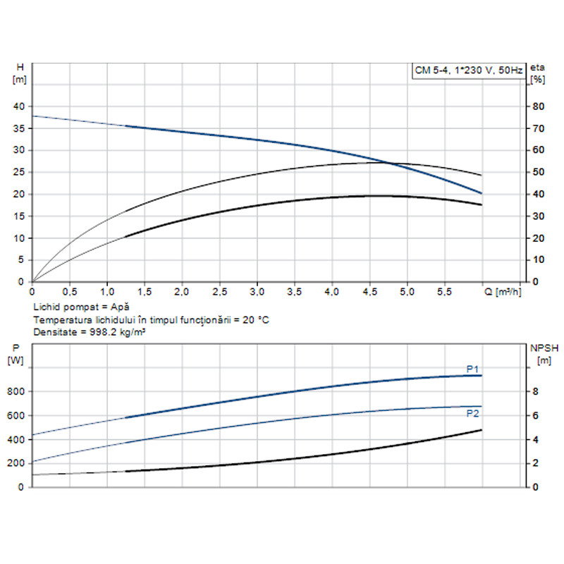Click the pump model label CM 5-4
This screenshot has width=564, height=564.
430,70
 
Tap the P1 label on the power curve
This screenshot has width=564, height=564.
472,369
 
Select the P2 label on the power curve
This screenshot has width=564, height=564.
472,414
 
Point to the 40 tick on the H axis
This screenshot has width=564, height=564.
19,106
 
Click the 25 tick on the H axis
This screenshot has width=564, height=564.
19,172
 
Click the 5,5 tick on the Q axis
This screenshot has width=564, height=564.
444,290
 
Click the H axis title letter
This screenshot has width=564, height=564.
20,67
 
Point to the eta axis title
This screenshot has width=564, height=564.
538,67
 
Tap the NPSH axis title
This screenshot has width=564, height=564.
543,348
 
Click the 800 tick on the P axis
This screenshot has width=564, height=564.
16,392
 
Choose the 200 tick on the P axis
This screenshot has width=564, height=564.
16,463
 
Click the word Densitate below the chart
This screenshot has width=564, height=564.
54,331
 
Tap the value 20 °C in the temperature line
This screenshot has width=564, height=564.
253,319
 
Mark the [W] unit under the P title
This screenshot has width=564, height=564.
16,360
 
